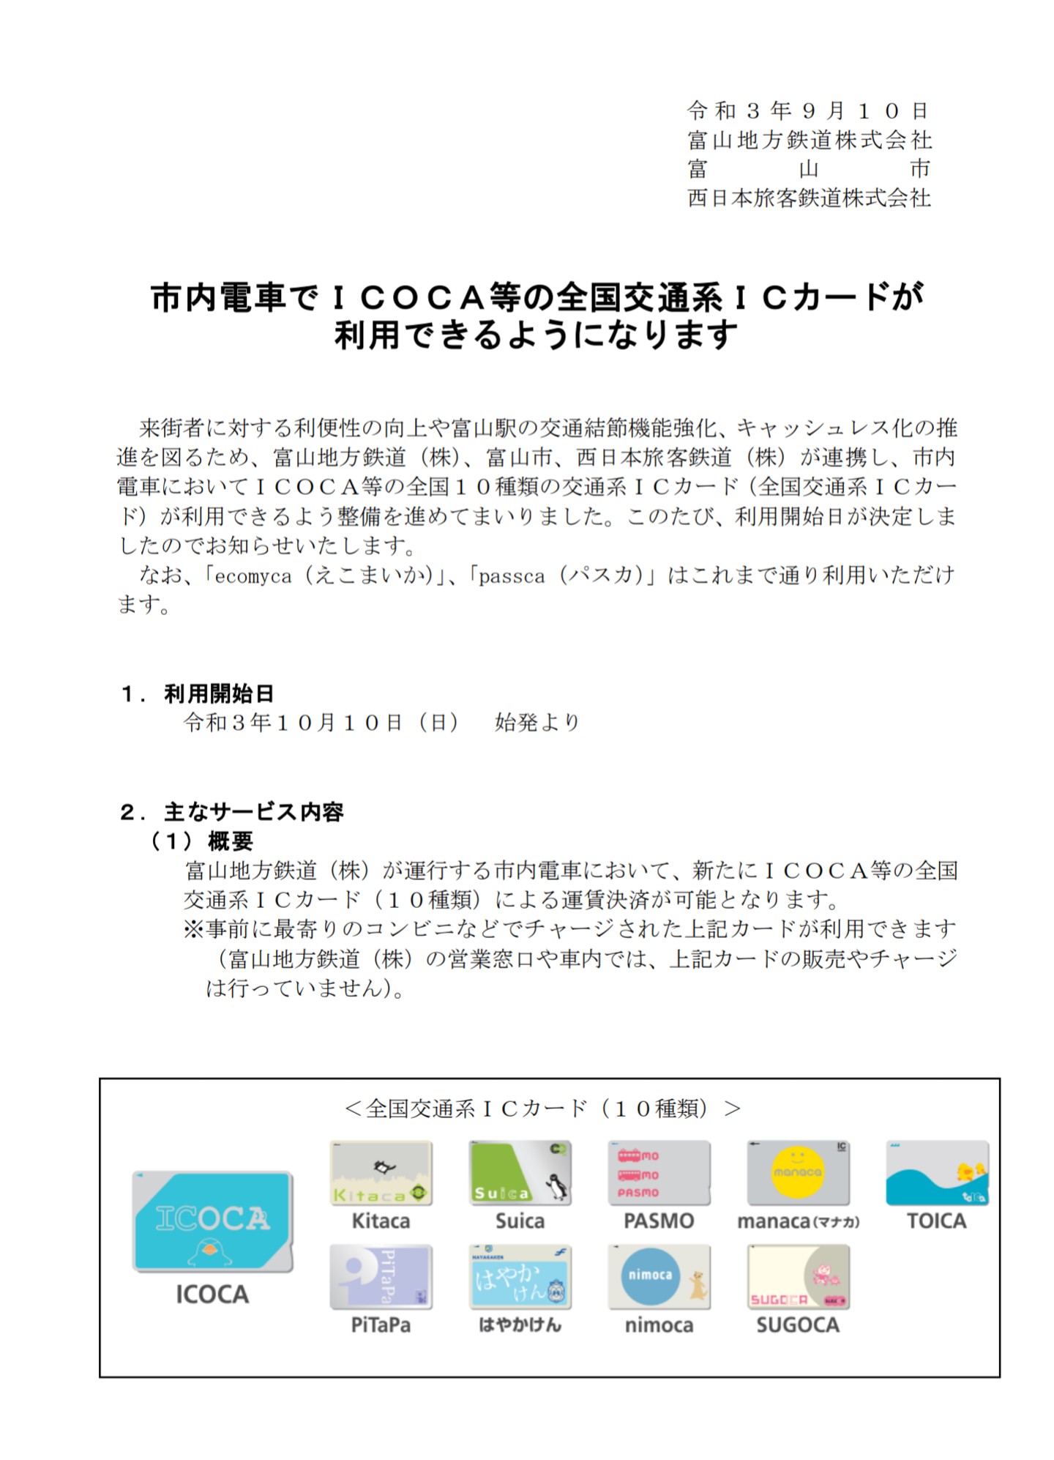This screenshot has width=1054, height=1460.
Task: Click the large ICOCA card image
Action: coord(212,1221)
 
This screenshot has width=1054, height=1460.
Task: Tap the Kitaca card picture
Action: coord(381,1173)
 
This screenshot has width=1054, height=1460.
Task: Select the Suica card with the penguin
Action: coord(520,1173)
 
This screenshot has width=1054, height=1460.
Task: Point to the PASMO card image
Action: coord(659,1173)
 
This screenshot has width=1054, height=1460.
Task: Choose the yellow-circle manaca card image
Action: coord(798,1173)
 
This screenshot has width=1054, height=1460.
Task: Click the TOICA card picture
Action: coord(937,1173)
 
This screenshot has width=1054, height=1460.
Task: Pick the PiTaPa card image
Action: coord(381,1277)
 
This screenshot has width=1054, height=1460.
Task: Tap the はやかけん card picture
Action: coord(520,1277)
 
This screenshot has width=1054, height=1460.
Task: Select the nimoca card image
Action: coord(659,1277)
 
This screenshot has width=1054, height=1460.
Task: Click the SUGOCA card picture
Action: coord(798,1277)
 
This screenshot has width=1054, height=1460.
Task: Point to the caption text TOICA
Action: coord(936,1221)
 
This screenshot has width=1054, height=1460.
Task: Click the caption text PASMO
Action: coord(659,1221)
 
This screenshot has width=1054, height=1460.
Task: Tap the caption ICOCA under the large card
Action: coord(212,1295)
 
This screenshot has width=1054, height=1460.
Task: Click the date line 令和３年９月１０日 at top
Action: coord(808,111)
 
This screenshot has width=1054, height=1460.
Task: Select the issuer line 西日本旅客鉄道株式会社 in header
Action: coord(809,198)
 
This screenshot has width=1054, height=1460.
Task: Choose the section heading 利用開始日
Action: coord(219,693)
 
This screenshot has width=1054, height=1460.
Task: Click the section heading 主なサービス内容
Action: coord(253,811)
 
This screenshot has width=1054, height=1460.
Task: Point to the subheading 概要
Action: coord(231,841)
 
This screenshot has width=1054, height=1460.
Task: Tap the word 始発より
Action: coord(537,723)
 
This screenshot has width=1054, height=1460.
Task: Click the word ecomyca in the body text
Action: coord(253,577)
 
